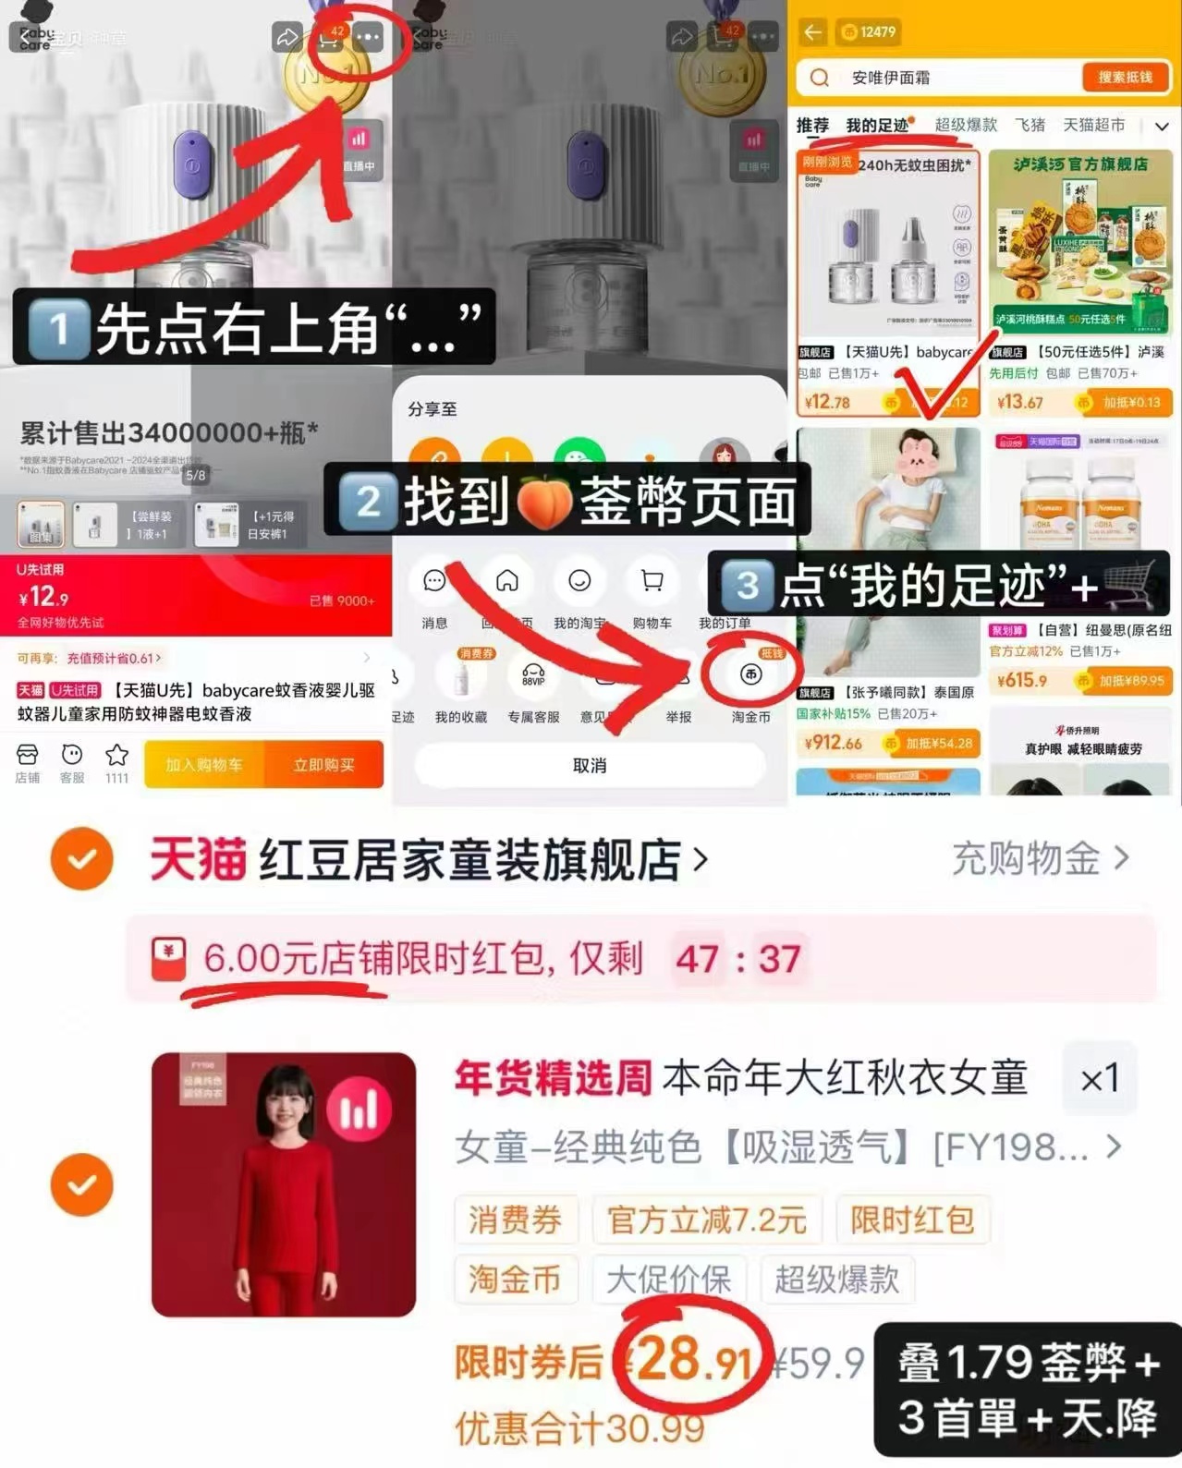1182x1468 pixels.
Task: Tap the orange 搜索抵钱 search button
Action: tap(1125, 78)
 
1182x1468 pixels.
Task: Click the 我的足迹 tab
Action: tap(877, 126)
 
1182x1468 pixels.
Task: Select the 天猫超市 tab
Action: tap(1093, 125)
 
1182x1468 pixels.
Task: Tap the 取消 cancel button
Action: tap(590, 765)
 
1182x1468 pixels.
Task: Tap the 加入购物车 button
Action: tap(204, 765)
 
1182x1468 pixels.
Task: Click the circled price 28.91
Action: tap(693, 1360)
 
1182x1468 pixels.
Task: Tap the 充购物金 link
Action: tap(1040, 858)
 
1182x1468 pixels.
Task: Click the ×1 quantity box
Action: tap(1099, 1077)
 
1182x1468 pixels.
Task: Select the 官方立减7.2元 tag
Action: tap(707, 1220)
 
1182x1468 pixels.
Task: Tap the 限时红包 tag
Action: tap(912, 1220)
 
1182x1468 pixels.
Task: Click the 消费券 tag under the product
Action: tap(515, 1220)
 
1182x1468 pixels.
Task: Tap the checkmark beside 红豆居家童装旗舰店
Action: tap(82, 858)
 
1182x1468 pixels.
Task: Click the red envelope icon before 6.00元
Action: tap(169, 958)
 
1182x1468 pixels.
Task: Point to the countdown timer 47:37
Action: tap(737, 959)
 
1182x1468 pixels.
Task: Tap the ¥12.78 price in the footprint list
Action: tap(827, 402)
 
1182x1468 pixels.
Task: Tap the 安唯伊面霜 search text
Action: tap(891, 78)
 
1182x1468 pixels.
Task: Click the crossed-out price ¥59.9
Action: tap(818, 1362)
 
